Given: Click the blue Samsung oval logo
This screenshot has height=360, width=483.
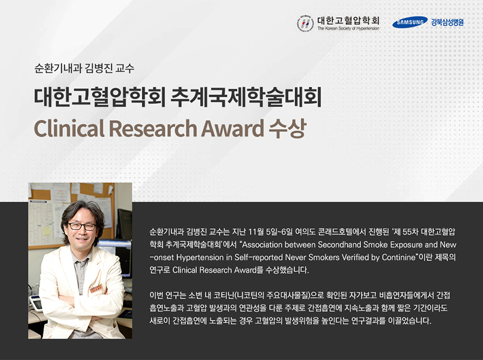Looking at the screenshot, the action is pyautogui.click(x=410, y=22).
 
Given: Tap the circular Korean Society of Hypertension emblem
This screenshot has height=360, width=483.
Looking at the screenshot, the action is pyautogui.click(x=305, y=24).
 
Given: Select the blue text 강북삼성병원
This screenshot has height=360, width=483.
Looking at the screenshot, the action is pyautogui.click(x=447, y=22).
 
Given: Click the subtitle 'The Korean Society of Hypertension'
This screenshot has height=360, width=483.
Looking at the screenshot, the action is pyautogui.click(x=348, y=28).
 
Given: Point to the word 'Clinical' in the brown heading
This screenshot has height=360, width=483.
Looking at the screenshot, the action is pyautogui.click(x=69, y=129).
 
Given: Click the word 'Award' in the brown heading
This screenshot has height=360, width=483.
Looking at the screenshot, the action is pyautogui.click(x=232, y=129).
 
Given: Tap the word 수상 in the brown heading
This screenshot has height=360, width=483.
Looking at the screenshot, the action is pyautogui.click(x=287, y=128).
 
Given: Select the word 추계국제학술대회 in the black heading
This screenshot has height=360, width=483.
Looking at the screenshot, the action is pyautogui.click(x=246, y=97).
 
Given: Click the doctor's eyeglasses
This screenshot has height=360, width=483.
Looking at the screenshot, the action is pyautogui.click(x=82, y=227).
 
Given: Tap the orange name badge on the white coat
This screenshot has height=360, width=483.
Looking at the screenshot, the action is pyautogui.click(x=97, y=288).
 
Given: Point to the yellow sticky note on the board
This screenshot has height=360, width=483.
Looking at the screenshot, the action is pyautogui.click(x=46, y=231).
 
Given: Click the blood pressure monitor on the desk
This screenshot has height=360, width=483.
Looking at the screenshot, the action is pyautogui.click(x=36, y=303).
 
